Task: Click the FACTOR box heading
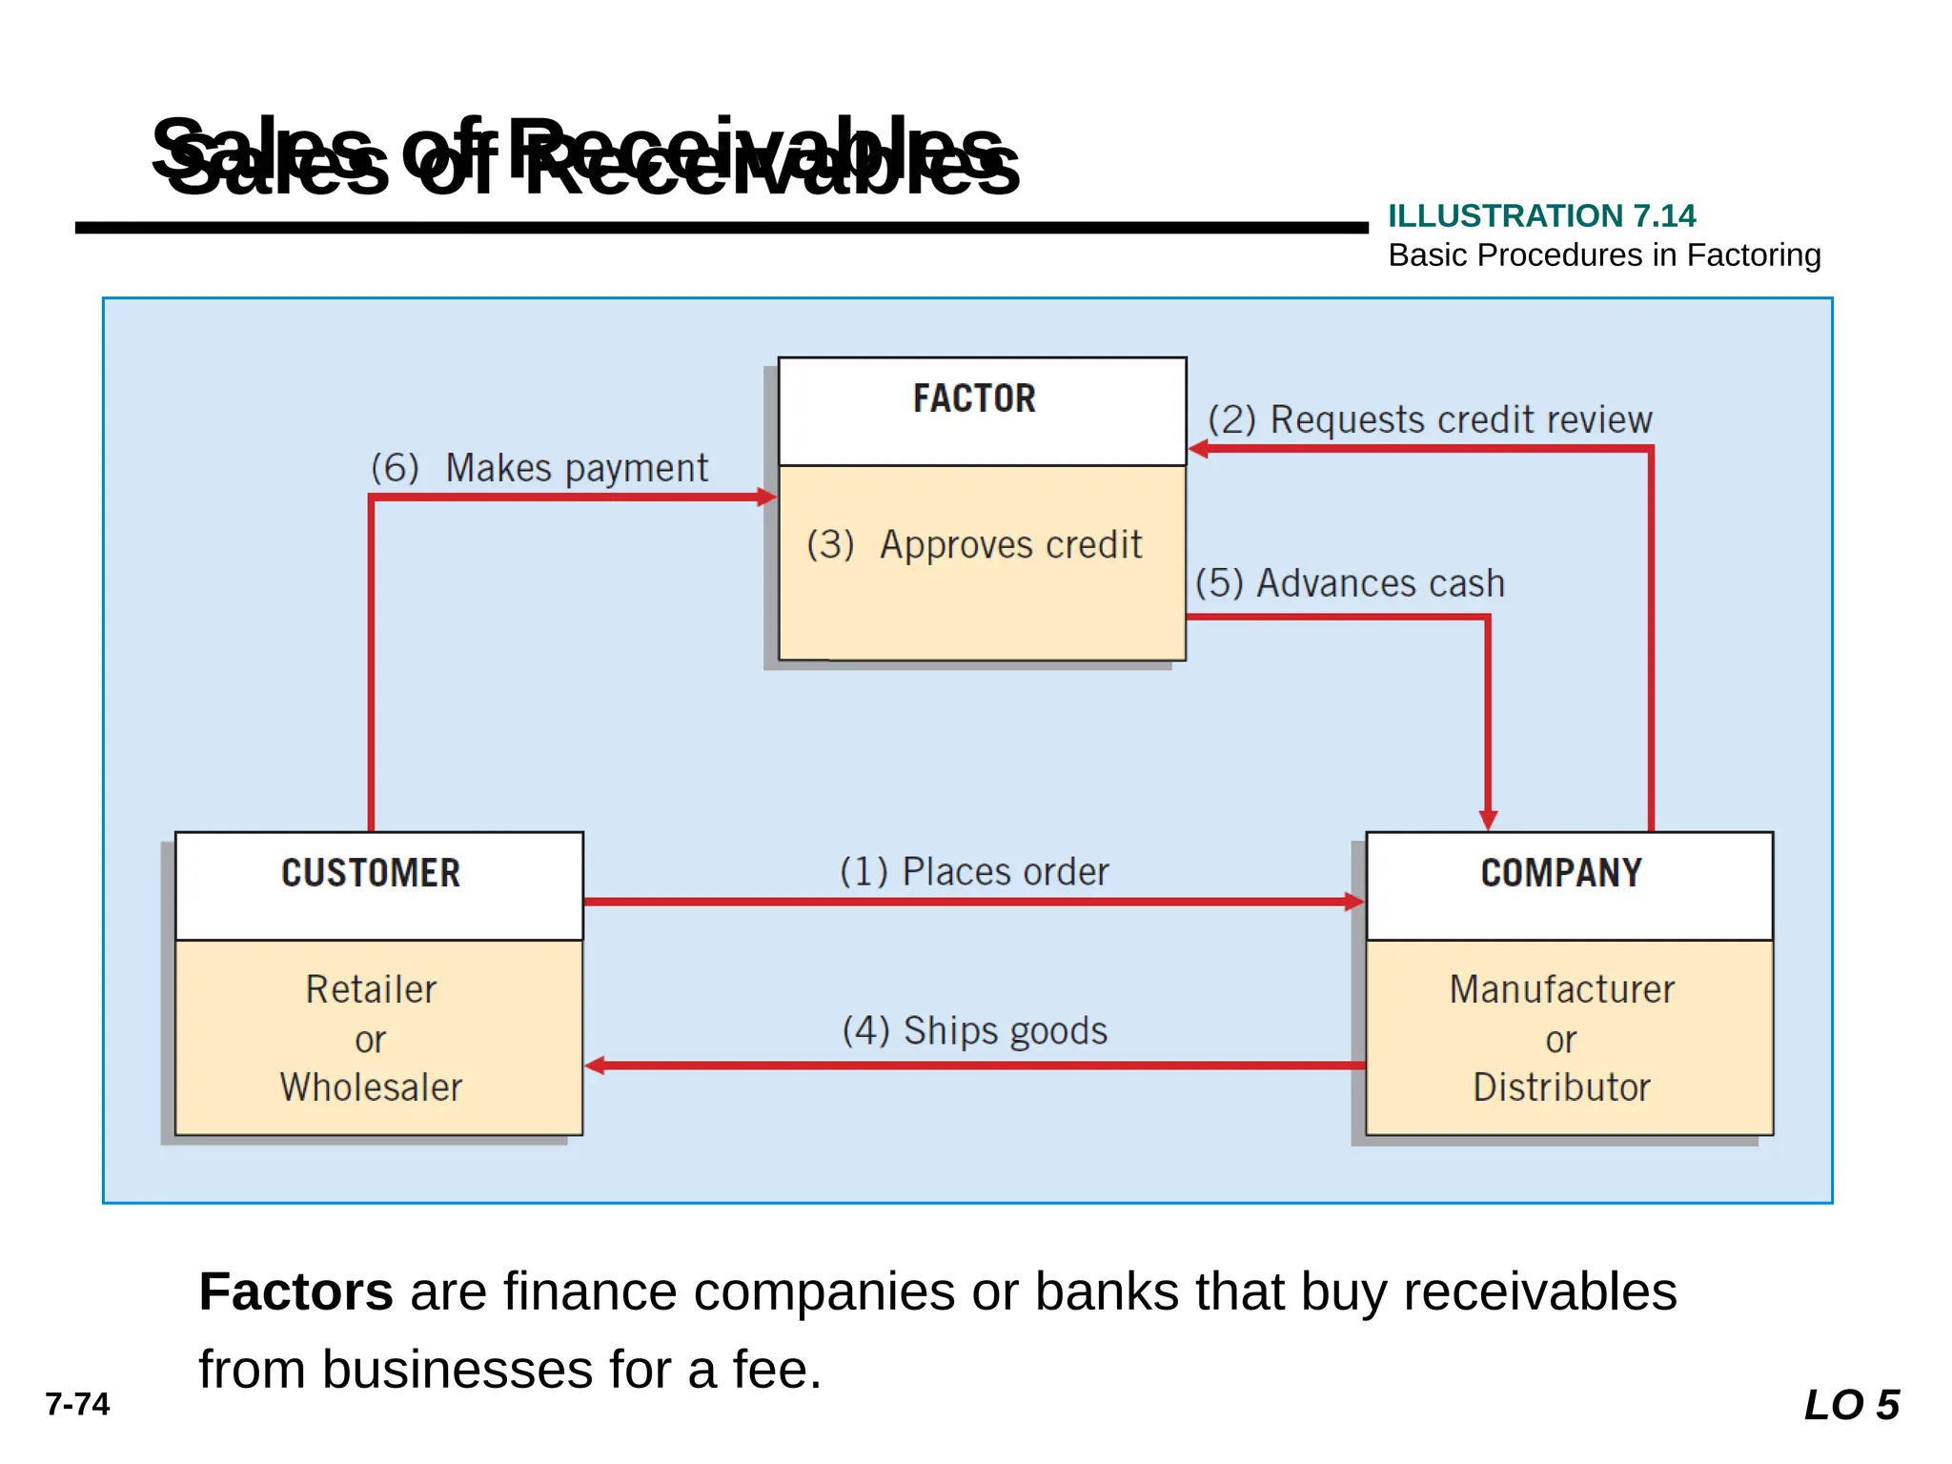click(974, 398)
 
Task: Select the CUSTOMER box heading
click(371, 873)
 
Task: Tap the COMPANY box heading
click(1561, 873)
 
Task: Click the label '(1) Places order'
click(974, 871)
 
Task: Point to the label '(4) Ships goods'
click(974, 1030)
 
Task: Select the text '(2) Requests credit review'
click(1430, 419)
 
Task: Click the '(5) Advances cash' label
click(1350, 582)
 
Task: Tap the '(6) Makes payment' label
click(539, 468)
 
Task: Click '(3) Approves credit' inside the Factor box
click(974, 544)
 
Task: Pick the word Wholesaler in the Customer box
click(371, 1088)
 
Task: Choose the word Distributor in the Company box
click(1561, 1088)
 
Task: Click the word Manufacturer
click(1561, 989)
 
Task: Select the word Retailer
click(371, 989)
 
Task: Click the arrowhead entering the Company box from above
click(1488, 820)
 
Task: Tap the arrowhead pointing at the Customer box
click(596, 1066)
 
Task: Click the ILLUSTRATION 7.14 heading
click(1541, 215)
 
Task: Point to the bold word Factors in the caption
click(295, 1291)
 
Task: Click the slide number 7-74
click(77, 1404)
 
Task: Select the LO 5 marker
click(1851, 1405)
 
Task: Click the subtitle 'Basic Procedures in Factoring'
click(1604, 255)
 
